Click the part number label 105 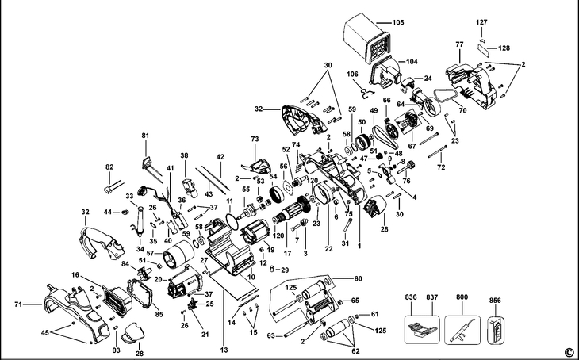coord(398,22)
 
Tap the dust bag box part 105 coord(367,39)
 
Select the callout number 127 coord(481,22)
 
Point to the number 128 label coord(504,48)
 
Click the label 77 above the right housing coord(459,44)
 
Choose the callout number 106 coord(352,75)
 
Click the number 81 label coord(145,136)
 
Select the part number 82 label coord(109,167)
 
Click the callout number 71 coord(18,304)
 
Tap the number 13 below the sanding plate coord(224,350)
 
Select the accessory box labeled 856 coord(496,331)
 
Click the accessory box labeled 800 coord(462,330)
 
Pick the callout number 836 coord(411,297)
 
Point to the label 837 coord(432,297)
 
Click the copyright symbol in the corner coord(572,352)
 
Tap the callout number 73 coord(255,140)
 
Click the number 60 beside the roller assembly coord(358,279)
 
